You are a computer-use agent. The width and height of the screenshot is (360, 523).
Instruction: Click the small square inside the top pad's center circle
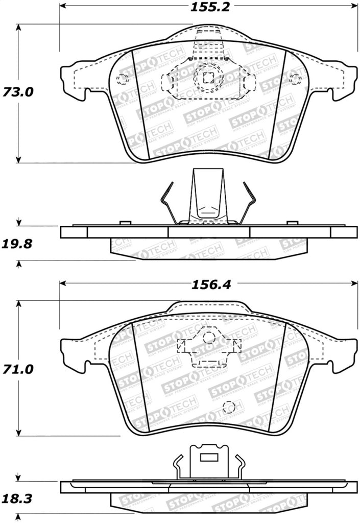point(208,78)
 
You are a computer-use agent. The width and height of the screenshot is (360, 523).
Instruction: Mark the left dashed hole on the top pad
point(122,79)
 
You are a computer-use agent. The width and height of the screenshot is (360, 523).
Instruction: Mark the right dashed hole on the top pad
point(294,79)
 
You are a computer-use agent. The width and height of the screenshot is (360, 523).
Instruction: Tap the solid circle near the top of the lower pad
point(209,338)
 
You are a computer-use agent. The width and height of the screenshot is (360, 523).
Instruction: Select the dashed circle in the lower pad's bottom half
point(229,407)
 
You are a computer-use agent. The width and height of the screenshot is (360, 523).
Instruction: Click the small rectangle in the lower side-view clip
point(208,458)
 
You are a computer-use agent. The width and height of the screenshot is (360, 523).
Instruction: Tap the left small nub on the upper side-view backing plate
point(123,223)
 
